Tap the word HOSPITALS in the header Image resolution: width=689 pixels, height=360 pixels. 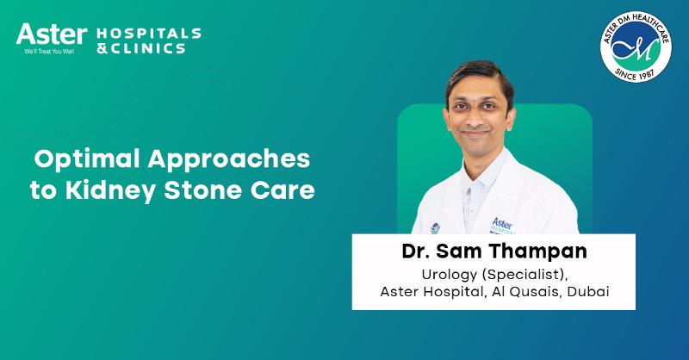click(x=147, y=34)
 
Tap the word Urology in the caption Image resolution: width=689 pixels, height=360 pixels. click(x=448, y=275)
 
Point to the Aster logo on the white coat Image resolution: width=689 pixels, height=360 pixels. click(x=502, y=226)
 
